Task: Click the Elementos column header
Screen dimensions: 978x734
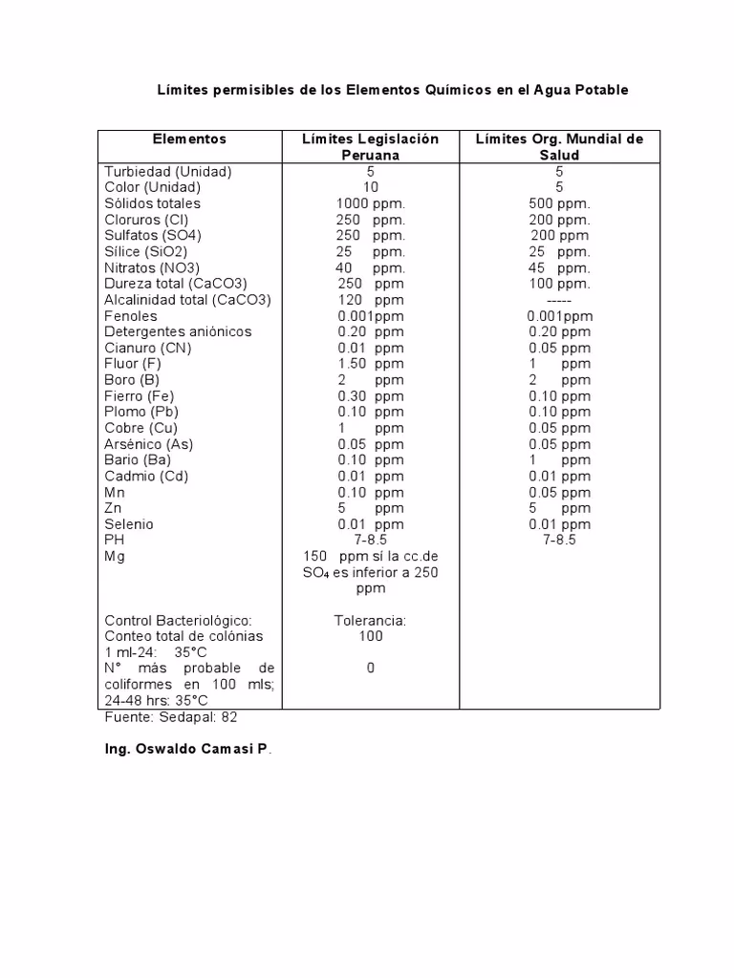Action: (x=189, y=139)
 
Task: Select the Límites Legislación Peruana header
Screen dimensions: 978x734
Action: (x=370, y=147)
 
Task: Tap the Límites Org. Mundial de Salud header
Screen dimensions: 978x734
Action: (x=559, y=147)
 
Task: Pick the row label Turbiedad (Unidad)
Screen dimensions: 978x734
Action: (x=168, y=172)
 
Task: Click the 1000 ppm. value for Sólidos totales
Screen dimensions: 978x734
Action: (x=370, y=203)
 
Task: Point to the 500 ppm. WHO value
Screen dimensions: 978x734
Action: (x=559, y=203)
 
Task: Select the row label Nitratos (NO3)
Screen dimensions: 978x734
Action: (x=152, y=268)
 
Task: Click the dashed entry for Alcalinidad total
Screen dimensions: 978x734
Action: (x=559, y=300)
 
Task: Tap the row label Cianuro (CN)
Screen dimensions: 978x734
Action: (x=148, y=349)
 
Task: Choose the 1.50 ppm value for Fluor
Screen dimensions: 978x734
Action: (x=370, y=364)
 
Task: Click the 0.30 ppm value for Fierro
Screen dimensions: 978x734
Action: (x=370, y=396)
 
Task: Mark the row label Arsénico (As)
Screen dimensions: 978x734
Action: (x=149, y=444)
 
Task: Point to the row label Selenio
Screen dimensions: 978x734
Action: (x=129, y=524)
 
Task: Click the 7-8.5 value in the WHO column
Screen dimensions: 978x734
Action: (x=559, y=541)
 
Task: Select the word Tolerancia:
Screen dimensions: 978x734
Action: (x=370, y=621)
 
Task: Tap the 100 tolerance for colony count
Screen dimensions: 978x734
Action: (x=370, y=636)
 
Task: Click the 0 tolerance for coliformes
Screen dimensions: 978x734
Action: (x=370, y=669)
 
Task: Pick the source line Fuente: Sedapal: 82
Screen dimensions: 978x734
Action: (x=171, y=717)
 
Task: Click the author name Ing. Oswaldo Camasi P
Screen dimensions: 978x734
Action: (x=187, y=751)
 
